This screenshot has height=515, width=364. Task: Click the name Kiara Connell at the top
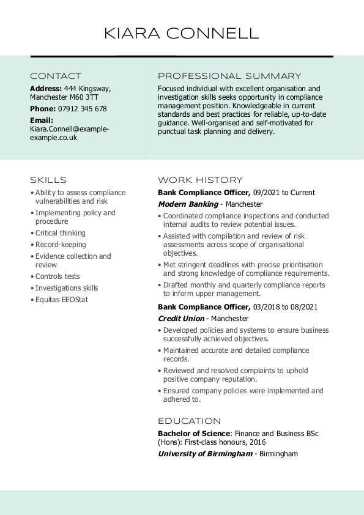tap(182, 33)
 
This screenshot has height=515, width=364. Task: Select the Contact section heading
tap(56, 76)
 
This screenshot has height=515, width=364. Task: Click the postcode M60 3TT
tap(84, 97)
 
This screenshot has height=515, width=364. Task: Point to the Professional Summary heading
tap(229, 76)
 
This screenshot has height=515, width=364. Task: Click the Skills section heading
tap(48, 180)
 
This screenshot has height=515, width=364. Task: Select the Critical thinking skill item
tap(61, 233)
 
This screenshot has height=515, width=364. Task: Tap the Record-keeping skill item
tap(61, 245)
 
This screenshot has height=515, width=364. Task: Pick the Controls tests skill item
tap(58, 276)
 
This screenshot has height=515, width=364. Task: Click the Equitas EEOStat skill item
tap(62, 300)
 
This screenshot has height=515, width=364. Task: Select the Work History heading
tap(200, 180)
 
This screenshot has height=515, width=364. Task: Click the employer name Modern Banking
tap(188, 204)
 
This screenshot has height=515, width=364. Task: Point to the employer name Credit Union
tap(180, 319)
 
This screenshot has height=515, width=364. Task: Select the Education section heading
tap(189, 421)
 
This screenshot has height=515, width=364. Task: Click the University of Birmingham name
tap(205, 454)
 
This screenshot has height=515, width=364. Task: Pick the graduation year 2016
tap(257, 442)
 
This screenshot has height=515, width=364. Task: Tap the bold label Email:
tap(42, 120)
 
